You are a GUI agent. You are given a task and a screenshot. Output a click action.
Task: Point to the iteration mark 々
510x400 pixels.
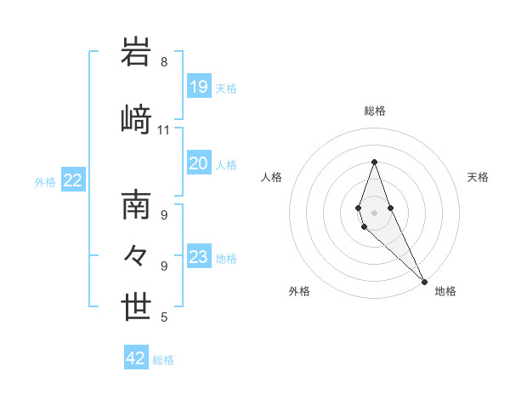click(x=136, y=254)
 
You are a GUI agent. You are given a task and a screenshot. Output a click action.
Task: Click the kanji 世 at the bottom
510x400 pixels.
click(x=137, y=306)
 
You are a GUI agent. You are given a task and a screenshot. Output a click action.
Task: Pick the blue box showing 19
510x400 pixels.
click(x=199, y=87)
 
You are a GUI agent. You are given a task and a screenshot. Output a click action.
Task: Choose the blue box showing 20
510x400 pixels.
click(x=199, y=163)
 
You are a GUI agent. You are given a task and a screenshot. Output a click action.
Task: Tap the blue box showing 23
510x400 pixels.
click(x=199, y=257)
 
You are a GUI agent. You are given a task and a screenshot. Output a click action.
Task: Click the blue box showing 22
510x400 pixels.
click(x=73, y=180)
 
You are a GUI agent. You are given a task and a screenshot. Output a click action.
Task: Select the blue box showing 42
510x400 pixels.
click(x=136, y=358)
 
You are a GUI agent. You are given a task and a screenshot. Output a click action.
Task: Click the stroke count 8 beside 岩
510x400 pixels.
click(x=164, y=62)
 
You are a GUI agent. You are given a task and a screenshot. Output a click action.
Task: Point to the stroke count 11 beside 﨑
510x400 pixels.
click(x=164, y=130)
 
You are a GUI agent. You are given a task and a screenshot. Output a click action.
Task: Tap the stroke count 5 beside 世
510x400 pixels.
click(x=164, y=317)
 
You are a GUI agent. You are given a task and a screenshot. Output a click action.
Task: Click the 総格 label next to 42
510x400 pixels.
click(x=163, y=360)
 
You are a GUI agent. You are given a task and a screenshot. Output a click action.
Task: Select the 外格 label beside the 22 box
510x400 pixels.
click(x=45, y=181)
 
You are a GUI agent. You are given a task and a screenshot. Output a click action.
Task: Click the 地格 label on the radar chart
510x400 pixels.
click(x=445, y=291)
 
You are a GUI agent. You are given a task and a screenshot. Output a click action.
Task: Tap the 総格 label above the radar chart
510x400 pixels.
click(x=374, y=111)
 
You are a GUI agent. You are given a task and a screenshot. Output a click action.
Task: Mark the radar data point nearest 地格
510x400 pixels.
click(x=424, y=282)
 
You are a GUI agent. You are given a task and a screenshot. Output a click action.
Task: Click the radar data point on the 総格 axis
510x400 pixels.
click(x=374, y=162)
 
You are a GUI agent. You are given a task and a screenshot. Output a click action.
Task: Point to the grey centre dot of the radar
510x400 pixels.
click(x=374, y=212)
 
